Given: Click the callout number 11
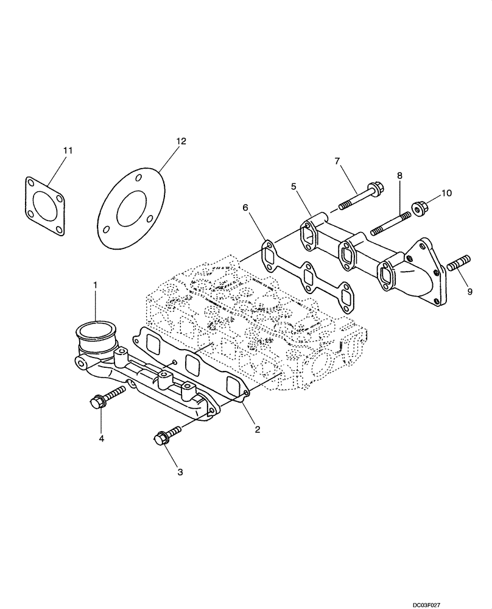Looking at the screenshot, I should (68, 149).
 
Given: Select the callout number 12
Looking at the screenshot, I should (181, 141).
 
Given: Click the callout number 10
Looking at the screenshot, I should (446, 193).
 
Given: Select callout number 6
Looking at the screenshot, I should (245, 208).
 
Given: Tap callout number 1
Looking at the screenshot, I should (95, 284).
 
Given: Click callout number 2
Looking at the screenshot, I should (258, 429).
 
